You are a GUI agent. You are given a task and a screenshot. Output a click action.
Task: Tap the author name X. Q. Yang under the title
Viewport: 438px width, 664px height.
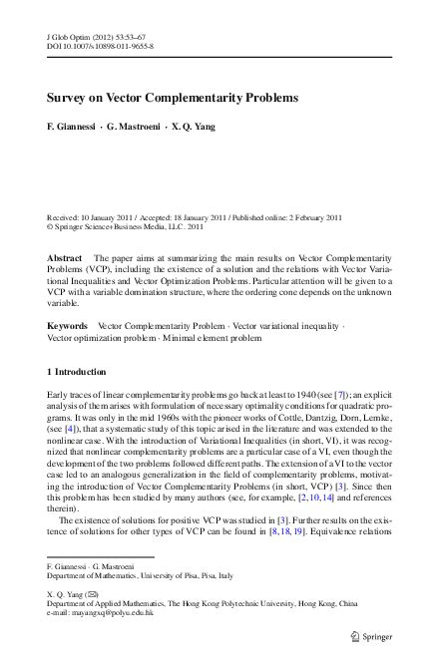[x=195, y=130]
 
